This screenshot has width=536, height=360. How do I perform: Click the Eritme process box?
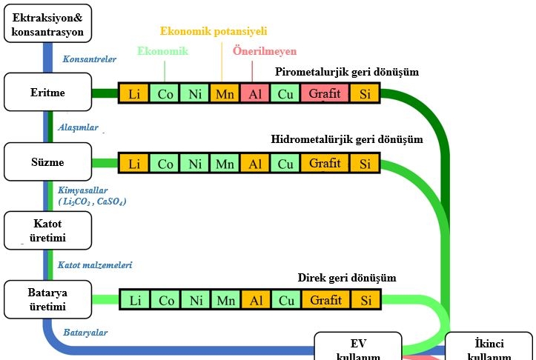[48, 93]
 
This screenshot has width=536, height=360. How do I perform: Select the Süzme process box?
[48, 162]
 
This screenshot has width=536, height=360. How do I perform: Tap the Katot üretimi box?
[48, 230]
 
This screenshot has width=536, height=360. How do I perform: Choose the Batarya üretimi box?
[48, 299]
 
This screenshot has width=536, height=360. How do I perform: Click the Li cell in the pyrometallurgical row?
[134, 93]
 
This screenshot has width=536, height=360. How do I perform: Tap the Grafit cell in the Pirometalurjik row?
[325, 93]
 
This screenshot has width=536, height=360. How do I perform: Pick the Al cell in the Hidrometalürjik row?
[254, 163]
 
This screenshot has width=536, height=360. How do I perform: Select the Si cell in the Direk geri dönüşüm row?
[365, 300]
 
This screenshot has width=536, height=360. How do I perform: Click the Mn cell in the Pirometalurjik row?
[224, 93]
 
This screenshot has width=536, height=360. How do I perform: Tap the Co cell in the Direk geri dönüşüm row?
[167, 300]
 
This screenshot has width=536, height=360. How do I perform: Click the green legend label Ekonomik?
[163, 51]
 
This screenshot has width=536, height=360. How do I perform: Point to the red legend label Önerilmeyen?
[265, 52]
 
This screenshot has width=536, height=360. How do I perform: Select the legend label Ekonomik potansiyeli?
[214, 31]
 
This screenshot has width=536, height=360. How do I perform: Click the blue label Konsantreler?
[90, 59]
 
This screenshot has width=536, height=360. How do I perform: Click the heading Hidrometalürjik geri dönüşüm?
[347, 139]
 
